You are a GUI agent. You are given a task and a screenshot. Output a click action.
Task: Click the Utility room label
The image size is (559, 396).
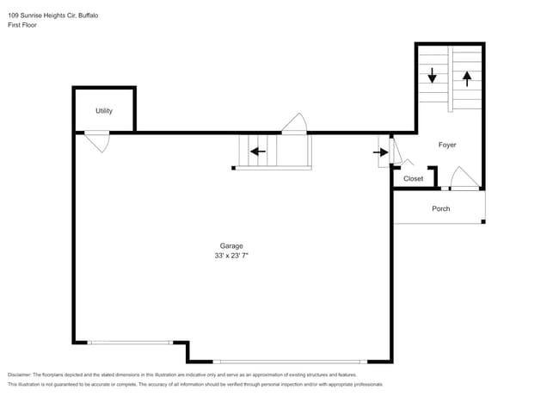pyautogui.click(x=104, y=111)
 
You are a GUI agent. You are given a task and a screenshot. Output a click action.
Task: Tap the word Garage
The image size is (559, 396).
pyautogui.click(x=230, y=245)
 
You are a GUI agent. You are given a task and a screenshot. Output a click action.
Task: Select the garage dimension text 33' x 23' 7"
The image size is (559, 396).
pyautogui.click(x=230, y=256)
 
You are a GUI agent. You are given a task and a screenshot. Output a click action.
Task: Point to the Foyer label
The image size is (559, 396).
pyautogui.click(x=447, y=145)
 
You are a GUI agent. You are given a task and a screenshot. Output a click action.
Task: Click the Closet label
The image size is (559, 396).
pyautogui.click(x=414, y=179)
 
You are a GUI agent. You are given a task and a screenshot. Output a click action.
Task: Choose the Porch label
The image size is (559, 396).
pyautogui.click(x=440, y=209)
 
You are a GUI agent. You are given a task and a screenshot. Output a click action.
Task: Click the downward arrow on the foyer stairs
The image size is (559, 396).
pyautogui.click(x=433, y=76)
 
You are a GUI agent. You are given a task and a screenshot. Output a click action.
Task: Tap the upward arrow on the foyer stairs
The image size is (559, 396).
pyautogui.click(x=467, y=77)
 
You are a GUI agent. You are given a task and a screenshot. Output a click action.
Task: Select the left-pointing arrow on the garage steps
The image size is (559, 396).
pyautogui.click(x=256, y=152)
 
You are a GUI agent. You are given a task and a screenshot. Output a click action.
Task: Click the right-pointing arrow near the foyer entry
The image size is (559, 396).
pyautogui.click(x=380, y=152)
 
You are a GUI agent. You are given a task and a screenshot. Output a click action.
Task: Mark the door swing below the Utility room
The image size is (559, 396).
pyautogui.click(x=96, y=140)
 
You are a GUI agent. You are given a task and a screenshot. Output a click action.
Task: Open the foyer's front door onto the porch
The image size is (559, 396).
pyautogui.click(x=464, y=179)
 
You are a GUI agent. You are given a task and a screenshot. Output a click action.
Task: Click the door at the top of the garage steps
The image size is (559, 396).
pyautogui.click(x=294, y=125)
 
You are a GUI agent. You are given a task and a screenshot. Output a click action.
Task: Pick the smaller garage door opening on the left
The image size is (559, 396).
pyautogui.click(x=129, y=343)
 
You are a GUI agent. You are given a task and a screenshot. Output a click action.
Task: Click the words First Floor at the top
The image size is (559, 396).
pyautogui.click(x=22, y=25)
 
